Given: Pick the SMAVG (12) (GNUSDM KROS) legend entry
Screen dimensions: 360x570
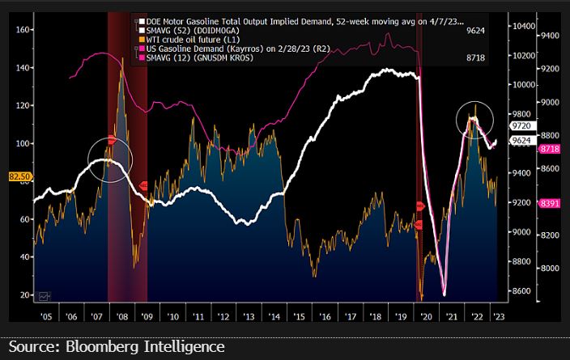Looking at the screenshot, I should [194, 59].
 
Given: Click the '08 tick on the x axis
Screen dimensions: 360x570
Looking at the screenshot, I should [121, 318].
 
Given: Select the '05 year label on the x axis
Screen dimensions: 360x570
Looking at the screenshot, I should [45, 318].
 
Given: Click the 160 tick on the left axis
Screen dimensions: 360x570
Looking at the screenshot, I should [23, 30].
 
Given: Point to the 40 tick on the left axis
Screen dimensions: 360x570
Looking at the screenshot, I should [25, 257].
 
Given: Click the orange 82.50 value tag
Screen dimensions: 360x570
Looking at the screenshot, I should [19, 176].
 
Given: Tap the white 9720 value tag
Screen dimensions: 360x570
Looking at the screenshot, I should [519, 127].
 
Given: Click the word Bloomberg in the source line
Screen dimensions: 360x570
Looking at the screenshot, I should [101, 346].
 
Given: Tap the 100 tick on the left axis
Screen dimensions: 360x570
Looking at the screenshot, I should [23, 144].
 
